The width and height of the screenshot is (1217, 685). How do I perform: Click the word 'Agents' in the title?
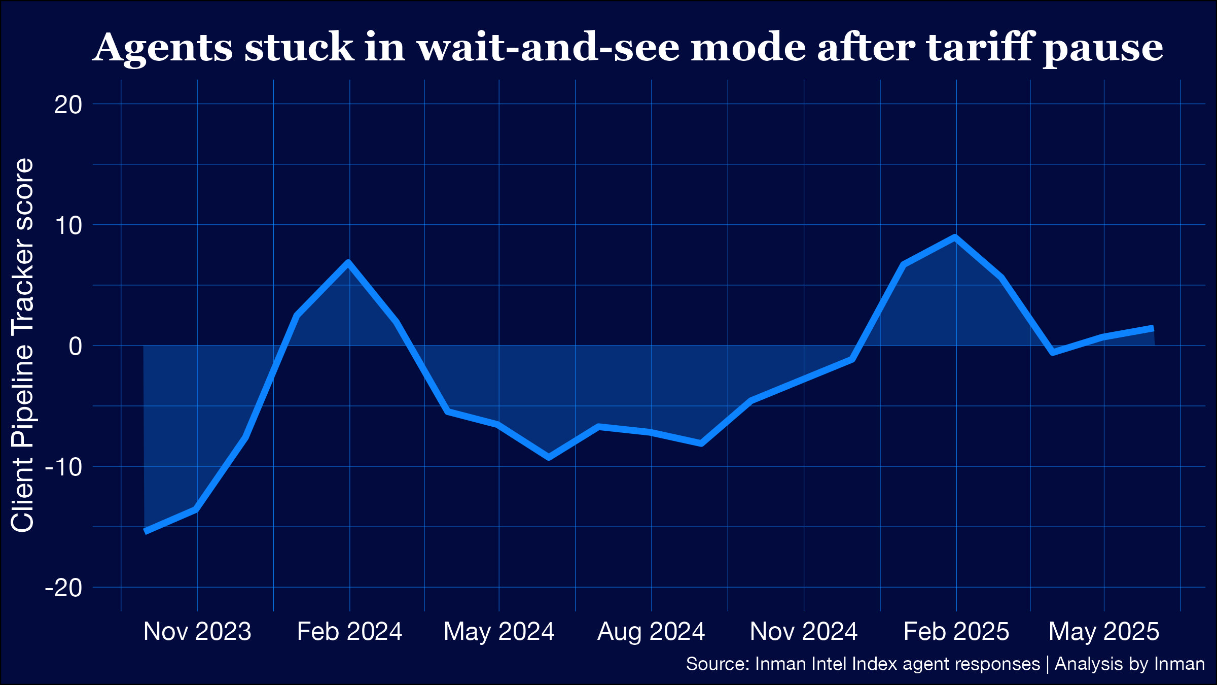pyautogui.click(x=162, y=48)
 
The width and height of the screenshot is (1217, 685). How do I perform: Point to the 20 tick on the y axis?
pyautogui.click(x=68, y=105)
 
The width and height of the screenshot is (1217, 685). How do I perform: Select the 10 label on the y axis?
pyautogui.click(x=68, y=226)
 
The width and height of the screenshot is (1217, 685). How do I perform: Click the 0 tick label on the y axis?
pyautogui.click(x=75, y=347)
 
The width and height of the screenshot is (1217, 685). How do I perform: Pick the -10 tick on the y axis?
pyautogui.click(x=63, y=467)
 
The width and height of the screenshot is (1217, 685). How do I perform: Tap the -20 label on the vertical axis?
pyautogui.click(x=63, y=589)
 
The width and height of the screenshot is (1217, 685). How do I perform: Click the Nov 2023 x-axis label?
pyautogui.click(x=197, y=632)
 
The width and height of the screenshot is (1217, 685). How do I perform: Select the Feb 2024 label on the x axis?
pyautogui.click(x=349, y=632)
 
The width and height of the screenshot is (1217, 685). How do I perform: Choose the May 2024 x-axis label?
pyautogui.click(x=499, y=632)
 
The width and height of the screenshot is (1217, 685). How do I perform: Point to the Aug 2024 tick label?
pyautogui.click(x=651, y=632)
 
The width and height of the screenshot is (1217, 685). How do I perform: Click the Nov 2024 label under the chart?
pyautogui.click(x=804, y=632)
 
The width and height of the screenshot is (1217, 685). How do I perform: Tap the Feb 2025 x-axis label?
pyautogui.click(x=956, y=632)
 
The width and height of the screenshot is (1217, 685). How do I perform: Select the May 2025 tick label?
pyautogui.click(x=1104, y=632)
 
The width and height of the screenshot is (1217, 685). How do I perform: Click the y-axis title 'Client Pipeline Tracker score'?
pyautogui.click(x=22, y=345)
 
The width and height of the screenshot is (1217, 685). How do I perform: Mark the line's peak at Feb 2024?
pyautogui.click(x=348, y=262)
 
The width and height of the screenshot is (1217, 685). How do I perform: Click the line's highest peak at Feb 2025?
pyautogui.click(x=955, y=237)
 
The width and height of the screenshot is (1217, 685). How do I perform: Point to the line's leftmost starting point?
pyautogui.click(x=146, y=531)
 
